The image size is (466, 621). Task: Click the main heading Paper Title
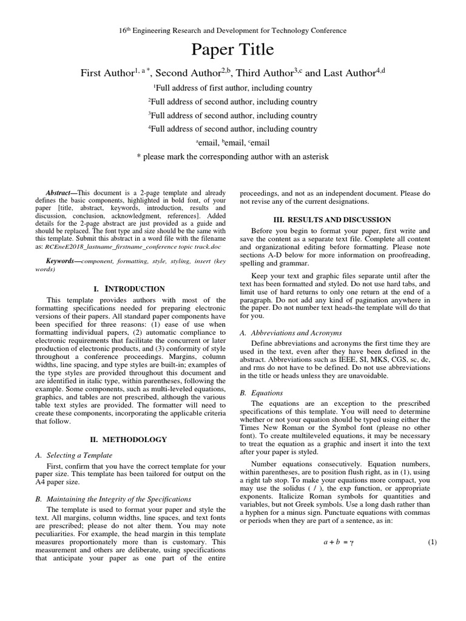(233, 50)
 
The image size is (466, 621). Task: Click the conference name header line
(233, 30)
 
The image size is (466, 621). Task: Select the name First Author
(107, 73)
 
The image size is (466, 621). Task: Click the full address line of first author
(233, 88)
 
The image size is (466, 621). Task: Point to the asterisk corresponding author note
(233, 156)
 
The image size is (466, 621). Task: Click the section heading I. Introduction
(129, 289)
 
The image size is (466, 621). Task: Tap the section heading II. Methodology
(129, 439)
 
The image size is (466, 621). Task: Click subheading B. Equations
(267, 392)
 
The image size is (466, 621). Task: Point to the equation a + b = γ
(337, 542)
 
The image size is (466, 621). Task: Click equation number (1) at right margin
(432, 542)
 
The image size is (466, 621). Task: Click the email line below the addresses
(233, 143)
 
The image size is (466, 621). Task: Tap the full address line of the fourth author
(233, 129)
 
